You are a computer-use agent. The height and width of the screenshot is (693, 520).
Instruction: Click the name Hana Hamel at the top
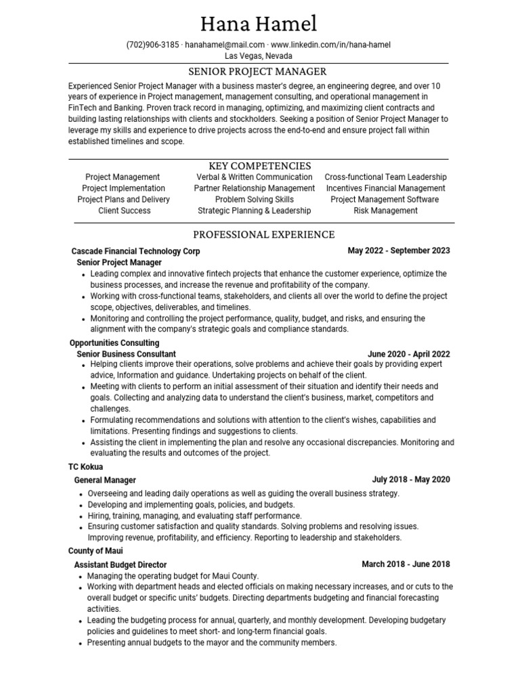(259, 24)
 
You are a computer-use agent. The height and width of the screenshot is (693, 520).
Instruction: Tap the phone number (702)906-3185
(153, 45)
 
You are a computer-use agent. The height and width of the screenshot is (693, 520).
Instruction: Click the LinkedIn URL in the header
(330, 45)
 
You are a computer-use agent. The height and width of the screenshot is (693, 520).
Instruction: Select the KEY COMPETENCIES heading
(261, 166)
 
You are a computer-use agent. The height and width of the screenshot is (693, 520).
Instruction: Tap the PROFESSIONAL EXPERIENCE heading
(264, 235)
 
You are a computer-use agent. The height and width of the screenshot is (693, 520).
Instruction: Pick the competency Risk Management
(386, 210)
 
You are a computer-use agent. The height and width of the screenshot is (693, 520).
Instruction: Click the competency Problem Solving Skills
(255, 200)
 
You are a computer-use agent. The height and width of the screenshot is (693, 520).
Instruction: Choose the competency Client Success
(124, 210)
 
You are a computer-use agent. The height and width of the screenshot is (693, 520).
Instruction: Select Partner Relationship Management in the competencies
(255, 188)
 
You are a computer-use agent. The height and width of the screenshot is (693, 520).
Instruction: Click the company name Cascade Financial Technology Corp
(135, 251)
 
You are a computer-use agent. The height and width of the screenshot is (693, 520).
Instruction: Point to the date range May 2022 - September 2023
(399, 250)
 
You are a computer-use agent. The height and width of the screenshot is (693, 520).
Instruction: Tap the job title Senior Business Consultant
(126, 354)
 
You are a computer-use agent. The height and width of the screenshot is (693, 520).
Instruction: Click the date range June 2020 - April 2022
(409, 354)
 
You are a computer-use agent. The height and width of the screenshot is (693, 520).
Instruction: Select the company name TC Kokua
(86, 467)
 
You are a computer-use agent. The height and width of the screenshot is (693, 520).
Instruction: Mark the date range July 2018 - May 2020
(411, 480)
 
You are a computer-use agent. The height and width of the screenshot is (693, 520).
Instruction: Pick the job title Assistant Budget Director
(120, 564)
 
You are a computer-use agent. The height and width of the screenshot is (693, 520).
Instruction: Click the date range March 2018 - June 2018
(406, 564)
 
